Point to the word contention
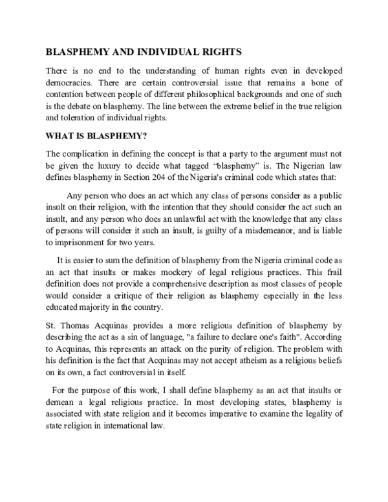(x=68, y=93)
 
